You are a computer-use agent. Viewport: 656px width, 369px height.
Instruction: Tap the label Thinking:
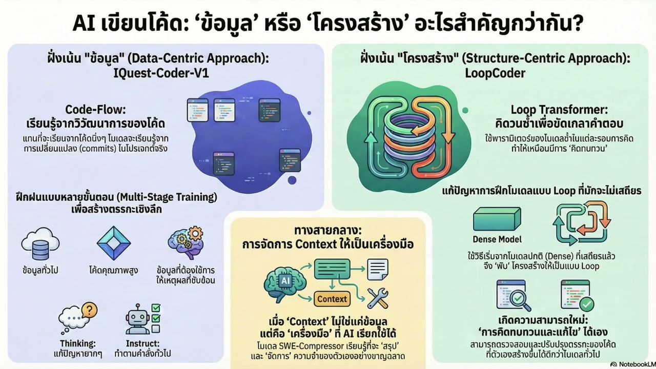pos(78,343)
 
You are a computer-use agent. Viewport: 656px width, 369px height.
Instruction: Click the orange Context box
pos(332,299)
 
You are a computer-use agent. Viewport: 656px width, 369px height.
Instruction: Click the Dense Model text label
pos(497,239)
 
